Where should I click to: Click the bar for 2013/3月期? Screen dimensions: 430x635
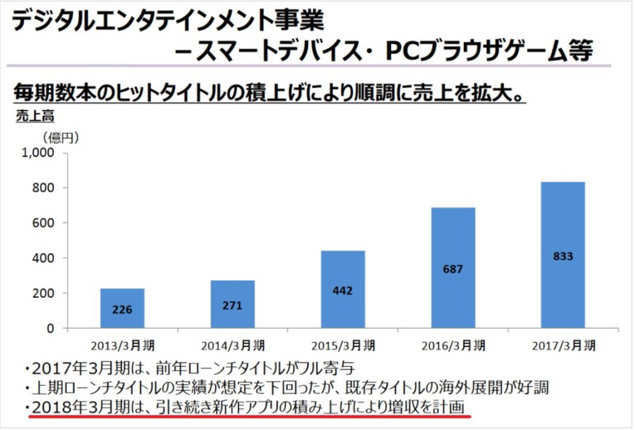[122, 308]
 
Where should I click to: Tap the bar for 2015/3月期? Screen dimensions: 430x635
[343, 289]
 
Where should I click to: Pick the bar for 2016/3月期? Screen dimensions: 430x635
[453, 268]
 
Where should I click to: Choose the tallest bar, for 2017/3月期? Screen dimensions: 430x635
[563, 255]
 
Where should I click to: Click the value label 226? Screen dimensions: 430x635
[122, 309]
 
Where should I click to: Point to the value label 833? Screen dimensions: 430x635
[563, 257]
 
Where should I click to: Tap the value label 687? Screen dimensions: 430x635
[453, 270]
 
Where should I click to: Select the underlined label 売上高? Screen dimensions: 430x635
[34, 116]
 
